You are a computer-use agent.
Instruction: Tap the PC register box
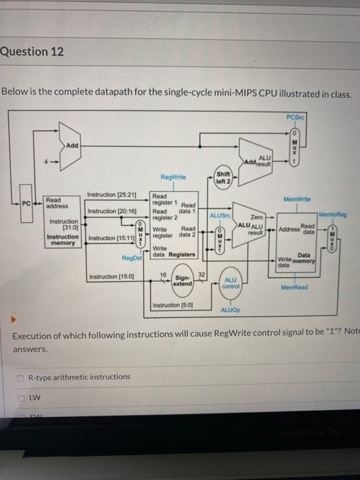pos(25,203)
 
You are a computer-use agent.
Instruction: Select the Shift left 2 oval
pos(224,176)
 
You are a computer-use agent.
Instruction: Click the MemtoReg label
pos(333,215)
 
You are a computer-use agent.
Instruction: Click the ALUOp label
pos(230,310)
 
